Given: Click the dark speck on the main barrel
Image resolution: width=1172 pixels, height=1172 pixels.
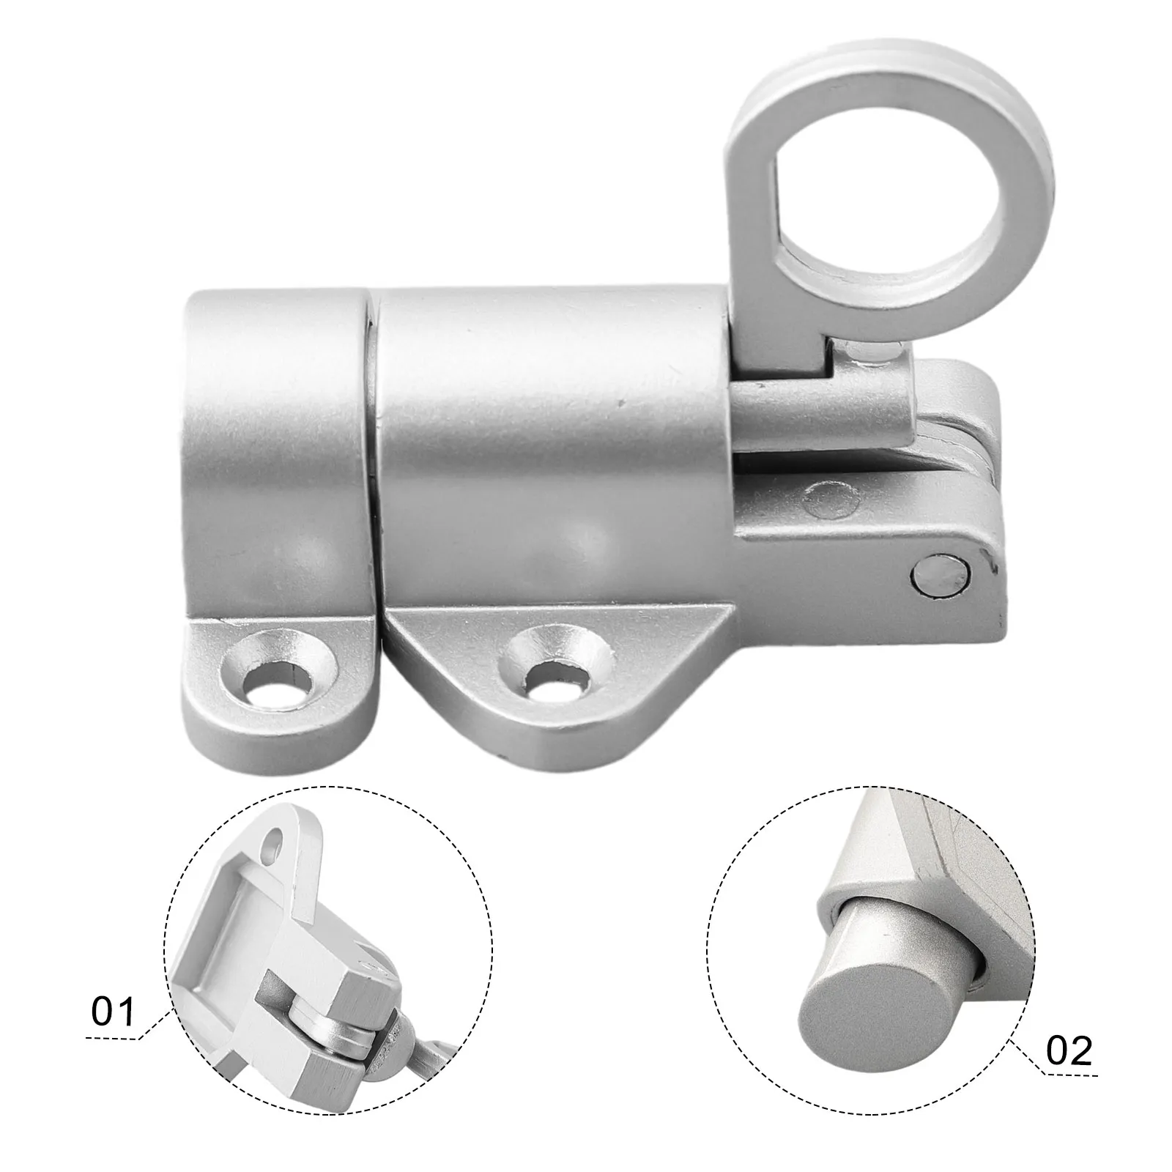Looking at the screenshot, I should click(621, 400).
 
